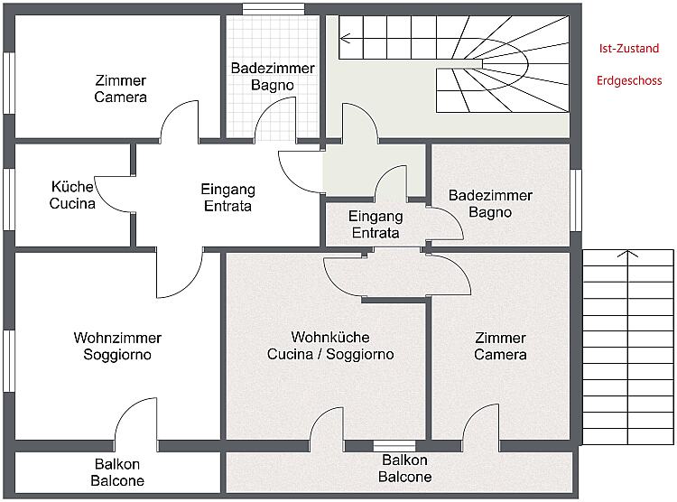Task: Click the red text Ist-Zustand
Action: (x=628, y=49)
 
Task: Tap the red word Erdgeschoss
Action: (x=629, y=80)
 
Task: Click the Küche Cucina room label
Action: (x=72, y=195)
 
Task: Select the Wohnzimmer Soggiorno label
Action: (x=117, y=346)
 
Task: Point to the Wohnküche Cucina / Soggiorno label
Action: (x=330, y=346)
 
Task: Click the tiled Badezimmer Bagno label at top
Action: (x=273, y=76)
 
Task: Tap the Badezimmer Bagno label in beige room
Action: (x=490, y=203)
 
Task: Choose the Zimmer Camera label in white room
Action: (x=120, y=88)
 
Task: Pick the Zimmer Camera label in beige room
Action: (x=500, y=346)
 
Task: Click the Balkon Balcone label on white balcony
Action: (x=117, y=472)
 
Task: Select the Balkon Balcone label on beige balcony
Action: (x=404, y=469)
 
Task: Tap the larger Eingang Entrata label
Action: (x=227, y=197)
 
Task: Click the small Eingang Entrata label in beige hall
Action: (x=375, y=224)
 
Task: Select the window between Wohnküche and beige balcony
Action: (x=394, y=444)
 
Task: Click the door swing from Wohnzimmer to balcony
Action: (x=135, y=420)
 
